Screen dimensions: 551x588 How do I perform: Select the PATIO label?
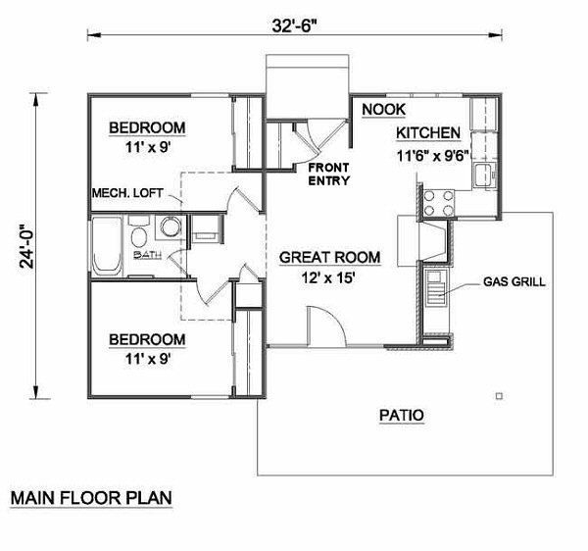coord(401,416)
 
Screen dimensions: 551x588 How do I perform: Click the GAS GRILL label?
coord(514,282)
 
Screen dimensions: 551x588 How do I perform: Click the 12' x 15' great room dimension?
coord(328,276)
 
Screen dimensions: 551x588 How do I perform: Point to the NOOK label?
coord(383,109)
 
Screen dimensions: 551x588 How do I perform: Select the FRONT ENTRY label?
coord(329,174)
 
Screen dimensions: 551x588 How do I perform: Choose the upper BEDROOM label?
coord(147,128)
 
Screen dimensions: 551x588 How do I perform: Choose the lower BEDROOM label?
coord(147,339)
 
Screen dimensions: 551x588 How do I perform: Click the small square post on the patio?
coord(500,395)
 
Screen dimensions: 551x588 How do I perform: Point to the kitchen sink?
coord(481,176)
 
